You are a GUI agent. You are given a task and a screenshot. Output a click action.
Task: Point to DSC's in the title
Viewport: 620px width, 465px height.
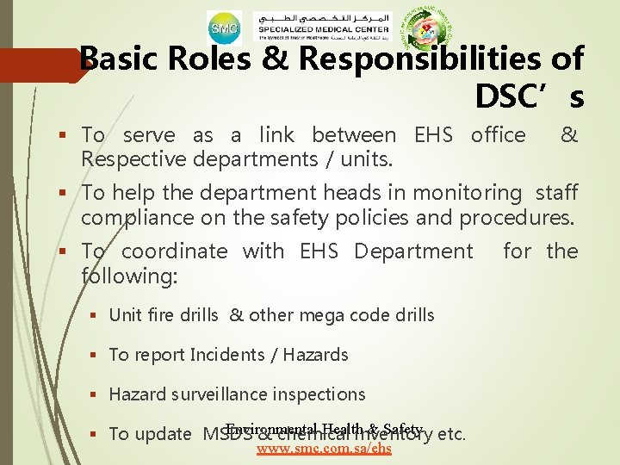[530, 96]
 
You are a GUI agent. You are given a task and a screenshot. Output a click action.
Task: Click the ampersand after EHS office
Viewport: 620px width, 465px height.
[568, 134]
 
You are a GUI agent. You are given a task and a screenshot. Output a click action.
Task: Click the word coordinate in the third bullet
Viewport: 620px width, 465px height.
[174, 251]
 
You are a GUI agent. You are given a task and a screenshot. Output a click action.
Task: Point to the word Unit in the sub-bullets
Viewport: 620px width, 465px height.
[124, 314]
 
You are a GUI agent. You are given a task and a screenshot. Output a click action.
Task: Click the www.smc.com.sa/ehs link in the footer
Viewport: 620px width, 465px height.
[324, 448]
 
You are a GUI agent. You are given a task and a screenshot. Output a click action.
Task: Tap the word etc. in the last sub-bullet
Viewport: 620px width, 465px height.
[452, 434]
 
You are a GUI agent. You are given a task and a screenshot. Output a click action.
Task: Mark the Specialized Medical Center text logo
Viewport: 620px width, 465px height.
[324, 29]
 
